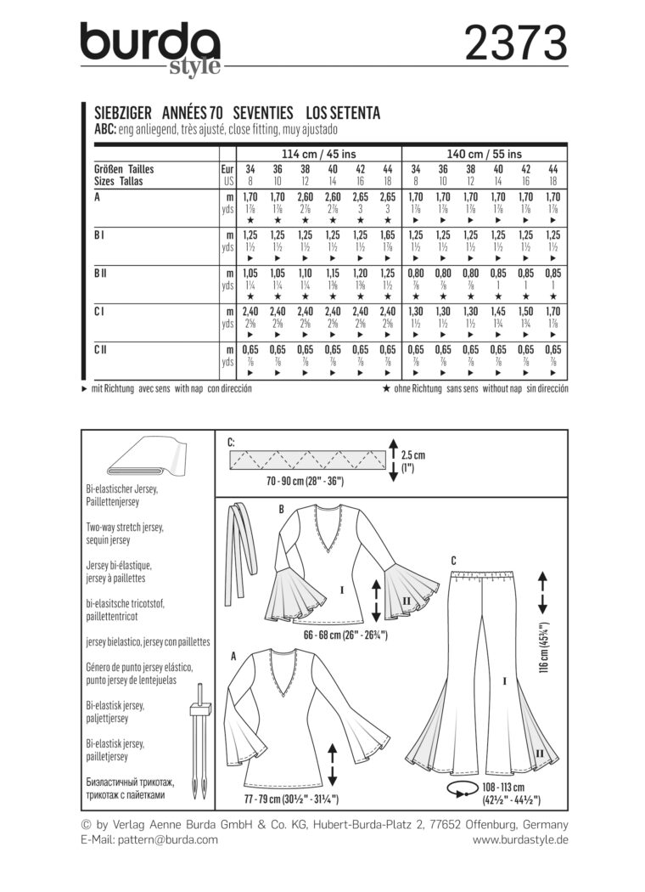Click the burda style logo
tap(151, 49)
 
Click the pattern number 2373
tap(515, 43)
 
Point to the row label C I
tap(99, 312)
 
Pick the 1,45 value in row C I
tap(499, 312)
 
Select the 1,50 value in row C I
tap(527, 312)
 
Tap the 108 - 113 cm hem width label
tap(510, 795)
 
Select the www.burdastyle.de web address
tap(520, 839)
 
